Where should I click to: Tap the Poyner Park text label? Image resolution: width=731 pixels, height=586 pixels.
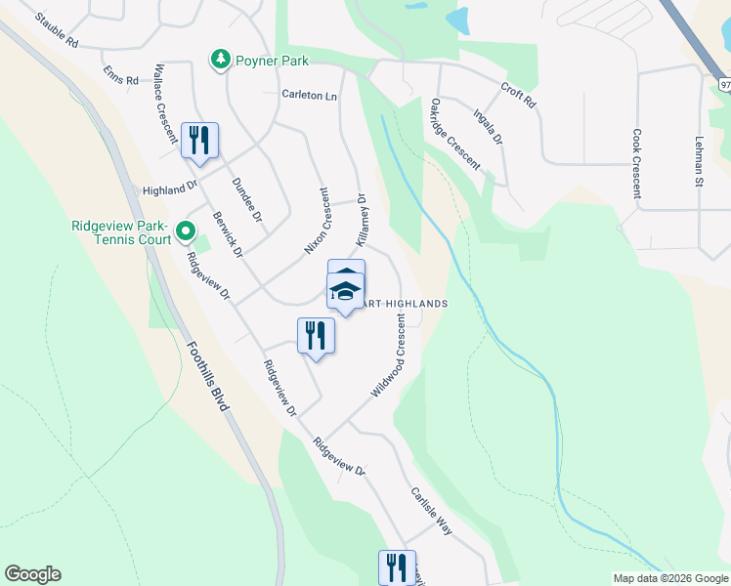coord(271,61)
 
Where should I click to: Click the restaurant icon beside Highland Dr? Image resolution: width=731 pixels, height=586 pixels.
coord(199,140)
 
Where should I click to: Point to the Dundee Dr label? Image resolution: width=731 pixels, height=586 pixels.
coord(247,197)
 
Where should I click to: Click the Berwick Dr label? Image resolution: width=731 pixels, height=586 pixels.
coord(227,234)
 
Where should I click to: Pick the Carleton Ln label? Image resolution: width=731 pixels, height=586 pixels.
coord(309,96)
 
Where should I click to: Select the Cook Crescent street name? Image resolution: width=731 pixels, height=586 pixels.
coord(636,163)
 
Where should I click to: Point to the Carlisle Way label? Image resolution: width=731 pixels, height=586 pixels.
coord(431,510)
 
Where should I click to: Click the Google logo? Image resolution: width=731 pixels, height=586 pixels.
coord(32,574)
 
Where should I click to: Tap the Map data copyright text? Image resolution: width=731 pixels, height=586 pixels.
coord(669,578)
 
